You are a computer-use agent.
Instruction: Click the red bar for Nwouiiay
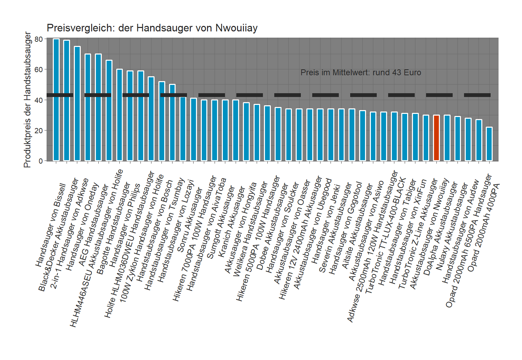tap(436, 138)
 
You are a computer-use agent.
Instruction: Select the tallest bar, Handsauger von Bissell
tap(56, 100)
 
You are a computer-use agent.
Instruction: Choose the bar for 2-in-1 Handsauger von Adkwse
tap(77, 104)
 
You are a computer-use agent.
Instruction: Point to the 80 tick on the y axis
tap(39, 39)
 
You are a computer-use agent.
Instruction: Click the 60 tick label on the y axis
tap(39, 69)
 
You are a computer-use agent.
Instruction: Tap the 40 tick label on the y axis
tap(39, 100)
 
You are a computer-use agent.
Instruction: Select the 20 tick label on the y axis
tap(39, 130)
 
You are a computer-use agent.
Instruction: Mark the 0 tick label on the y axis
tap(41, 161)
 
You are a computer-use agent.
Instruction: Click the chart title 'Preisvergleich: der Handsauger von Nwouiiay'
tap(152, 28)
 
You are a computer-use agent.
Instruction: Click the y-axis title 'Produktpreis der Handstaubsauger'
tap(28, 100)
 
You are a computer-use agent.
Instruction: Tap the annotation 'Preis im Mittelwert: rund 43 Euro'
tap(361, 72)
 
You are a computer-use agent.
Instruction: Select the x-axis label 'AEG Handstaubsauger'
tap(93, 225)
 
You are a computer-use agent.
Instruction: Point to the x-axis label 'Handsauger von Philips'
tap(125, 225)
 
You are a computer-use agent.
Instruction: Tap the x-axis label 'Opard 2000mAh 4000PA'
tap(483, 227)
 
